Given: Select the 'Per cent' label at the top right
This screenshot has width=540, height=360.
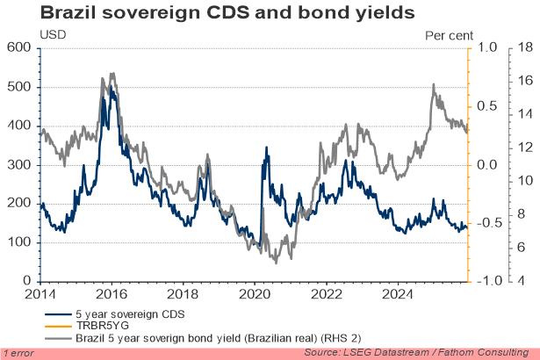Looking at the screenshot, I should [450, 35].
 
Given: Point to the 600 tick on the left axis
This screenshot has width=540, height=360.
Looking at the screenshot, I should [18, 47].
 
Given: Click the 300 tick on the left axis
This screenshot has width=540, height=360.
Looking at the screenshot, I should [18, 164].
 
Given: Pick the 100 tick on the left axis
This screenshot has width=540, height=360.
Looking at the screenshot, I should [18, 241].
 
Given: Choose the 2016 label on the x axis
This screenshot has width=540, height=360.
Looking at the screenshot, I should [110, 294].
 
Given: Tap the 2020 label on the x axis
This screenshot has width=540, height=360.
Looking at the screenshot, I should [254, 294].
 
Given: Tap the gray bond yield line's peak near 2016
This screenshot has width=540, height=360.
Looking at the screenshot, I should [111, 75].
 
